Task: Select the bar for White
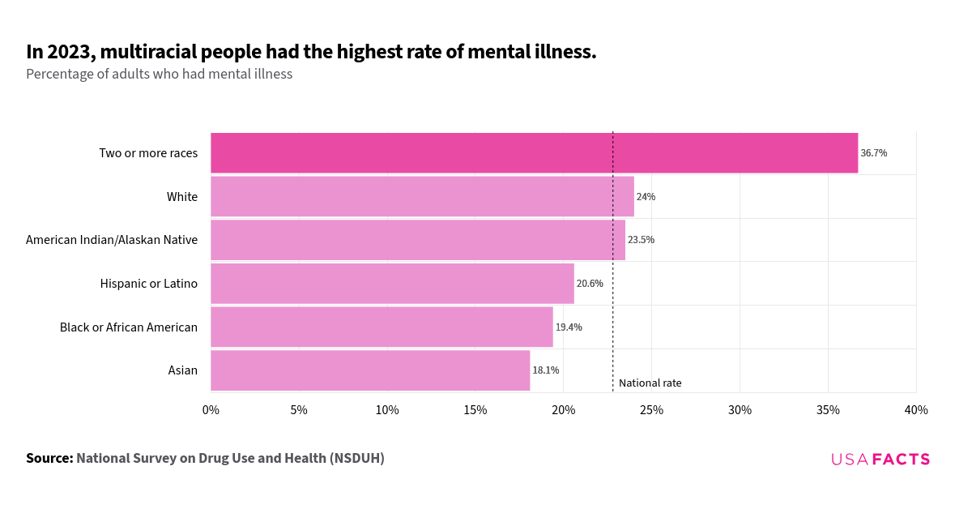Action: [422, 197]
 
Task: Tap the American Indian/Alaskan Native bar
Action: [417, 240]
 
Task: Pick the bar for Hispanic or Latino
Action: [392, 284]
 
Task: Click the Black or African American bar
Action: [382, 327]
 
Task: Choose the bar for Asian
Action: [370, 370]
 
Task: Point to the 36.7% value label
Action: [873, 153]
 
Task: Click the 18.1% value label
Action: [545, 370]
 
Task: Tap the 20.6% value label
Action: [590, 284]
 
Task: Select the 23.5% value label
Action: [641, 240]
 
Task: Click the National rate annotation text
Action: [650, 383]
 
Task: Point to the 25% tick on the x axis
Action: [651, 410]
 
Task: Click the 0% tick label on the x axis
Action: [211, 410]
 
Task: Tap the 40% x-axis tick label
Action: [915, 410]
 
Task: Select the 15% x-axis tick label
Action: [475, 410]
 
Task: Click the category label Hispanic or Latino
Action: [149, 284]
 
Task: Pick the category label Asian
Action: [182, 370]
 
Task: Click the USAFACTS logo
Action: [880, 460]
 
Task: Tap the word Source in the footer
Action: [49, 458]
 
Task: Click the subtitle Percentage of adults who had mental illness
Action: [159, 75]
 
